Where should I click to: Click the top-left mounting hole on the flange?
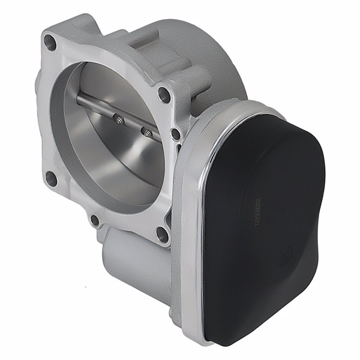[x=51, y=43]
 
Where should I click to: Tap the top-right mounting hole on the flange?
[x=163, y=93]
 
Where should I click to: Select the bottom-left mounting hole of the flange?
[x=51, y=178]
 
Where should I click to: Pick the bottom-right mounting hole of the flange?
[x=161, y=233]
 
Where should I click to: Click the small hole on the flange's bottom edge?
[x=95, y=220]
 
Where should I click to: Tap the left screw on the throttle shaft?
[x=118, y=119]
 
